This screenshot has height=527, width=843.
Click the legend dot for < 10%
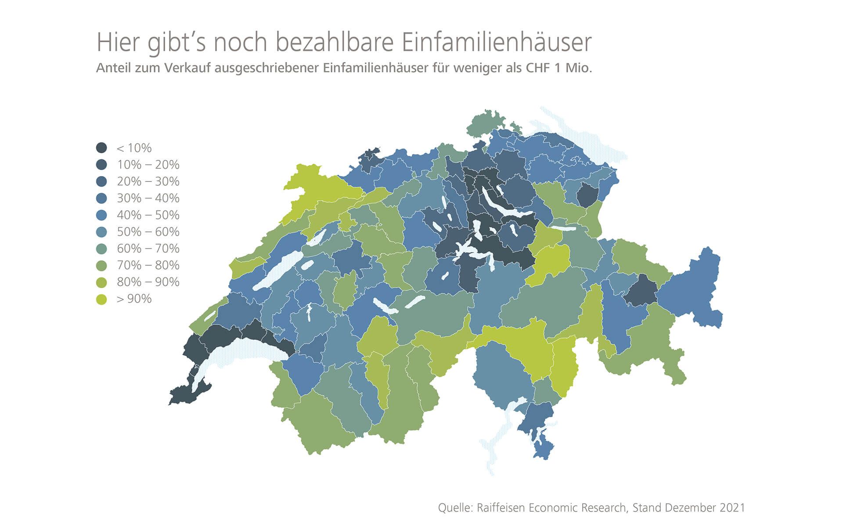[101, 148]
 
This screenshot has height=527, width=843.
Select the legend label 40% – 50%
[148, 215]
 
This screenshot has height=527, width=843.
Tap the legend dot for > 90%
[101, 299]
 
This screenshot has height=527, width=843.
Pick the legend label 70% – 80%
[148, 265]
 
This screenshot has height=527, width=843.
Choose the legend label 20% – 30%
[148, 181]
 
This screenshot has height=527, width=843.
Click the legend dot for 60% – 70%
[101, 249]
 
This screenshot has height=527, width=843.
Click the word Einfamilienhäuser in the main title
[496, 43]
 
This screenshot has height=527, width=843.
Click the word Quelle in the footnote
[455, 508]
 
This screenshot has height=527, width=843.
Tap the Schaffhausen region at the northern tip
[485, 123]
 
